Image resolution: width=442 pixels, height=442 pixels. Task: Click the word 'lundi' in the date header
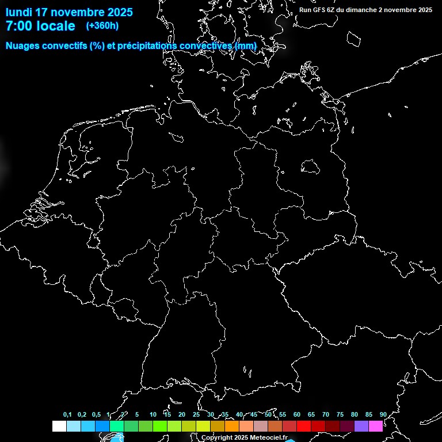(x=19, y=12)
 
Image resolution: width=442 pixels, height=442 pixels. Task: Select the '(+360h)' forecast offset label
(x=102, y=26)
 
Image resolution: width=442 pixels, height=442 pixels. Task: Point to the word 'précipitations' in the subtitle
(x=148, y=45)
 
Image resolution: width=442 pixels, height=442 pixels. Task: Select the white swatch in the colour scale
(x=59, y=426)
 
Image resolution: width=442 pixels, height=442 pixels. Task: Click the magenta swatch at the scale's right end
(x=375, y=426)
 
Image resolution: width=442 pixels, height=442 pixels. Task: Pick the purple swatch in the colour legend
(x=361, y=426)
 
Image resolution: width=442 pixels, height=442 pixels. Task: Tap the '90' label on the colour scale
(x=383, y=414)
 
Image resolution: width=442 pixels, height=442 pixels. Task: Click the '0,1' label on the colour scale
(x=67, y=414)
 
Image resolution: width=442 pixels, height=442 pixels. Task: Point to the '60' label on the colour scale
(x=296, y=414)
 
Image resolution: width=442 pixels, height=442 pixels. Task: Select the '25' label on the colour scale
(x=196, y=414)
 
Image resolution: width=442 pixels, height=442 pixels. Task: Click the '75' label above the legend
(x=340, y=414)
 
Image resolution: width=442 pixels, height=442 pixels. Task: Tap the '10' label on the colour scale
(x=153, y=414)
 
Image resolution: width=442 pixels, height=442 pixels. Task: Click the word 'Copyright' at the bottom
(x=216, y=438)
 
